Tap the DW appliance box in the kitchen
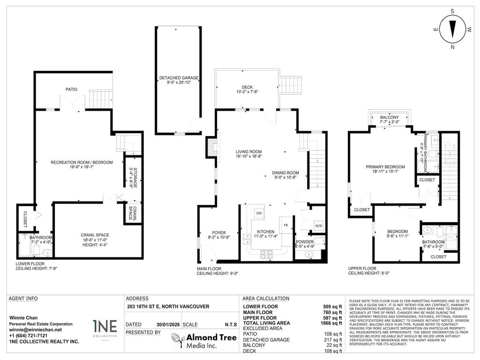point(258,213)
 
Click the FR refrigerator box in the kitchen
point(285,224)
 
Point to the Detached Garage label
point(179,77)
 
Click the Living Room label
point(248,151)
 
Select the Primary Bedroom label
point(385,166)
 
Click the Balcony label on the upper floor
point(389,117)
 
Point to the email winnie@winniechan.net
point(35,330)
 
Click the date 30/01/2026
point(168,324)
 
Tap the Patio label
point(71,89)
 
